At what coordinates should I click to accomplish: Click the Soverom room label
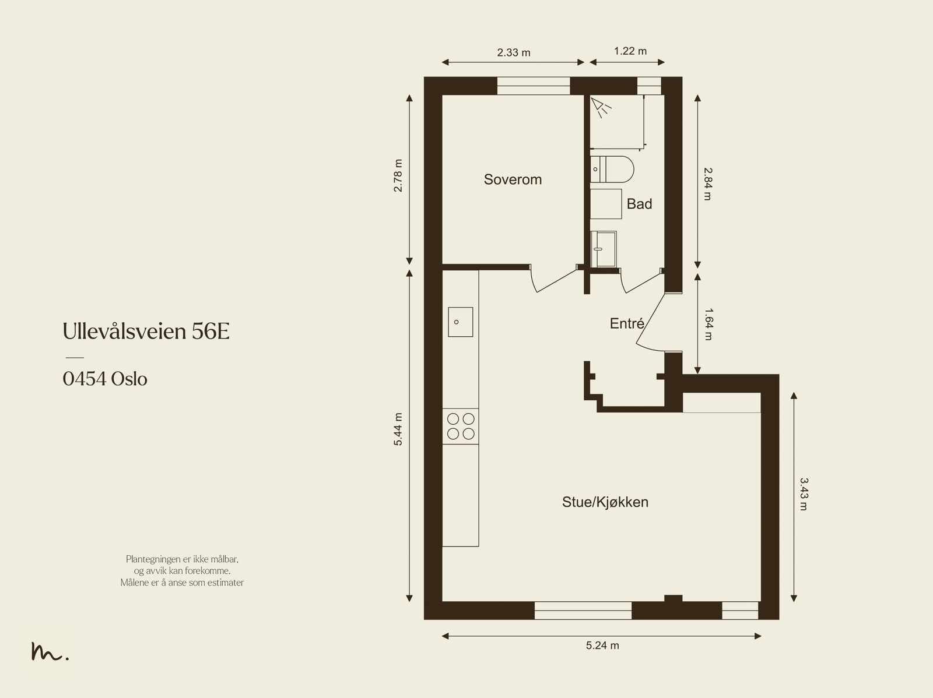click(x=513, y=179)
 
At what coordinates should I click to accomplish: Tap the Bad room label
click(x=639, y=205)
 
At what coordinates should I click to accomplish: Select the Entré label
click(x=627, y=323)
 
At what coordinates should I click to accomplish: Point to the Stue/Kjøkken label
click(x=605, y=502)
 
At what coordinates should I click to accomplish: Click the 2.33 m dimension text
click(x=514, y=52)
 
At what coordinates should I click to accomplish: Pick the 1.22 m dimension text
click(x=630, y=51)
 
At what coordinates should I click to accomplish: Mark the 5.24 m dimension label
click(x=602, y=646)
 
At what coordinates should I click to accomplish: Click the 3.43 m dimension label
click(x=804, y=494)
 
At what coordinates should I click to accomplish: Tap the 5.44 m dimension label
click(x=398, y=429)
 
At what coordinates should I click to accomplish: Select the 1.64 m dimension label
click(x=708, y=325)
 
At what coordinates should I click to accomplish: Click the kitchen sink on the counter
click(x=460, y=322)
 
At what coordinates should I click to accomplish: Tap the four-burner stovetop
click(x=460, y=426)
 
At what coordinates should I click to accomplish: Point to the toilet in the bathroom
click(x=612, y=170)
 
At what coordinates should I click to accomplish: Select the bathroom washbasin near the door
click(x=603, y=249)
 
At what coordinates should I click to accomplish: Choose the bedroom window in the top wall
click(x=534, y=86)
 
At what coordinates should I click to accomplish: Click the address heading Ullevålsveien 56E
click(x=146, y=331)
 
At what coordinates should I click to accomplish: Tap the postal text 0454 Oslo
click(x=105, y=379)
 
